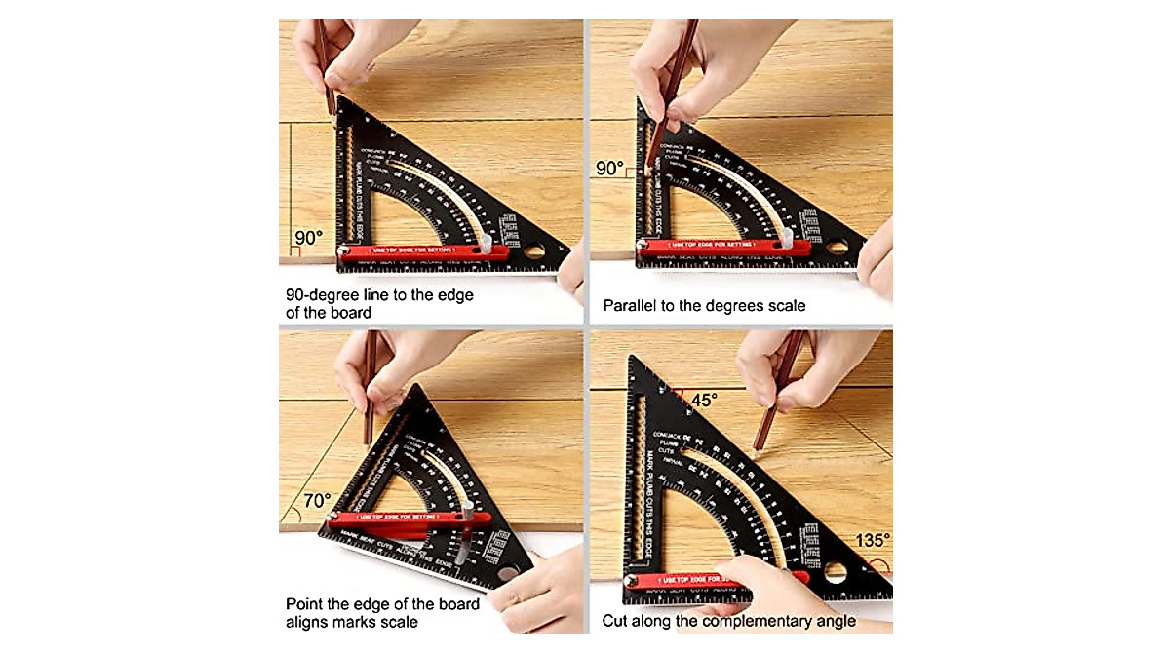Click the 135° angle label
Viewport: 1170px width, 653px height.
tap(873, 540)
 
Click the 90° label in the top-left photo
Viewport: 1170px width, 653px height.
tap(307, 237)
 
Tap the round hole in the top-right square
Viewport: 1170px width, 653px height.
tap(838, 248)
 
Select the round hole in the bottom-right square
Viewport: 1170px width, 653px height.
tap(836, 571)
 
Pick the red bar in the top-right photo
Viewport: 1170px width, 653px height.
tap(721, 250)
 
